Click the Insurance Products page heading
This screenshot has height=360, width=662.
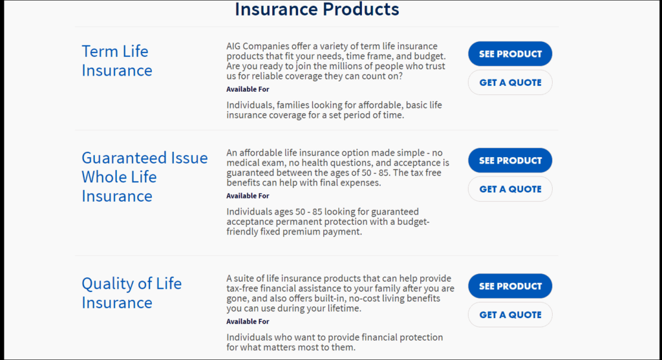[x=317, y=9]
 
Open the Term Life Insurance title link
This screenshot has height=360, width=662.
[x=117, y=61]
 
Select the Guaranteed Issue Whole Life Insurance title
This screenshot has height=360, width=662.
[x=145, y=177]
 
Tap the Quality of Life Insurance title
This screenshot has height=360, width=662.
[x=132, y=293]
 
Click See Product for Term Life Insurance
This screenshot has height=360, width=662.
[x=510, y=54]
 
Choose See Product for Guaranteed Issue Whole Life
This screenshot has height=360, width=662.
[x=510, y=160]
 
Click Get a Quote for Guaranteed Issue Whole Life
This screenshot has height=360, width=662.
[x=510, y=189]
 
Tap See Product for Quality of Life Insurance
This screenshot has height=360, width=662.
[x=510, y=286]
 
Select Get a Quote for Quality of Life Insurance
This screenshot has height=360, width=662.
[x=510, y=315]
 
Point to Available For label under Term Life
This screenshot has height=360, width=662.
[x=248, y=89]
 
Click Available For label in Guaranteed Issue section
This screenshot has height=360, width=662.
[x=248, y=196]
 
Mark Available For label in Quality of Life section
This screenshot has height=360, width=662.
[x=248, y=322]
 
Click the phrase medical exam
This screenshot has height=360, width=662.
[x=249, y=163]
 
